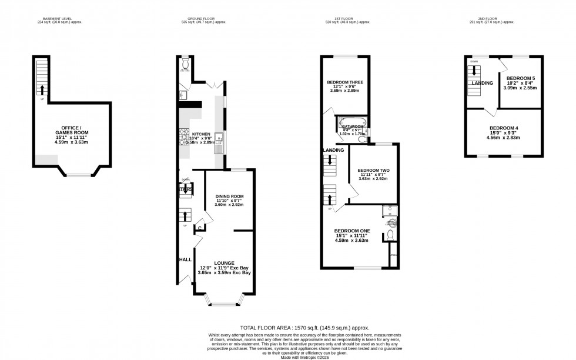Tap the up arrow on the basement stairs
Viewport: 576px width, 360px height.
coord(41,90)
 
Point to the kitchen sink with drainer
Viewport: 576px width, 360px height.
coord(219,138)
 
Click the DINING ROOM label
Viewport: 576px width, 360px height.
coord(229,196)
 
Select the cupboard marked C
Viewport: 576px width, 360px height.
coord(199,228)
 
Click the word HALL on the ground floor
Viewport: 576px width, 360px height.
coord(185,259)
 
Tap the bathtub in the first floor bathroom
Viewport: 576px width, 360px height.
coord(351,124)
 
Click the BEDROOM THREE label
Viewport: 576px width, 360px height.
coord(345,82)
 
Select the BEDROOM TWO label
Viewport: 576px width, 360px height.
coord(373,171)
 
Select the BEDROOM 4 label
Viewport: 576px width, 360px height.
coord(504,128)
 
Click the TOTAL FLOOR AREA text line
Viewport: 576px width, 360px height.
coord(306,327)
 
